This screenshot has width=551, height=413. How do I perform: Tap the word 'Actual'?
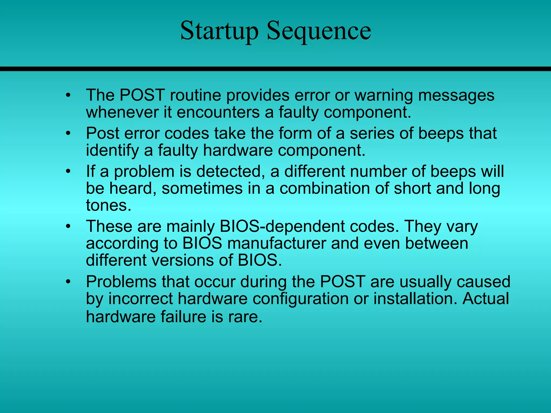click(485, 299)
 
